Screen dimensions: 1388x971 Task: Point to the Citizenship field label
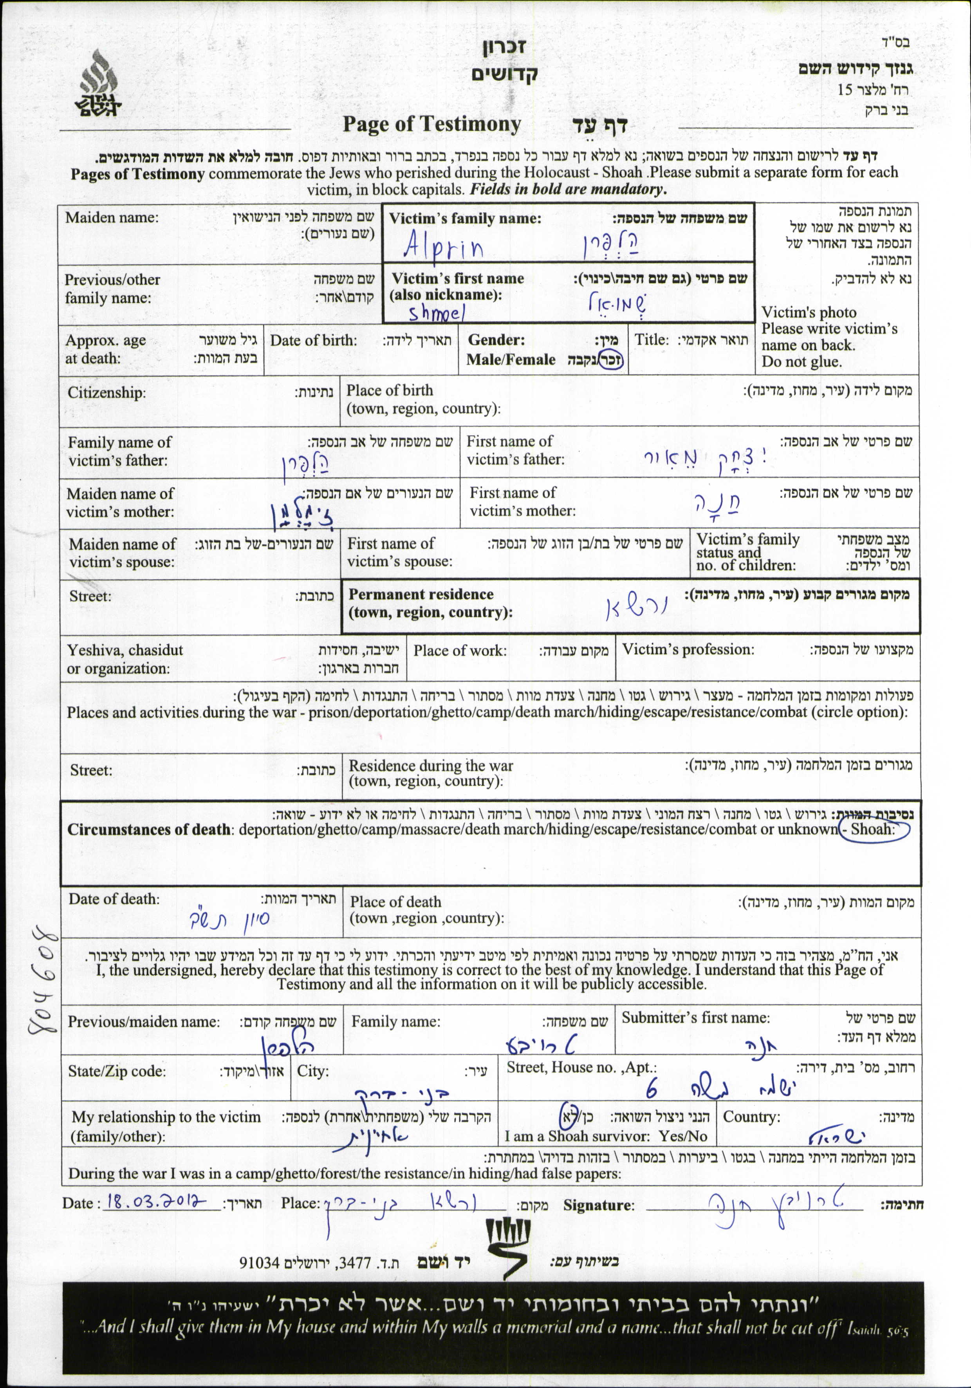coord(106,393)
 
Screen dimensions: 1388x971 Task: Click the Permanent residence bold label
coord(421,594)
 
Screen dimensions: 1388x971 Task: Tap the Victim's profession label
coord(688,650)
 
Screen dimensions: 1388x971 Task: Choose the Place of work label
coord(460,651)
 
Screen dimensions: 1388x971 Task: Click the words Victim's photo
coord(809,313)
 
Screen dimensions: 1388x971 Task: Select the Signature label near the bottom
coord(599,1205)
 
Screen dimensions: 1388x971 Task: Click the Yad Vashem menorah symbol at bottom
coord(508,1247)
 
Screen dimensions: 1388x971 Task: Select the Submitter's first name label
coord(695,1018)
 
